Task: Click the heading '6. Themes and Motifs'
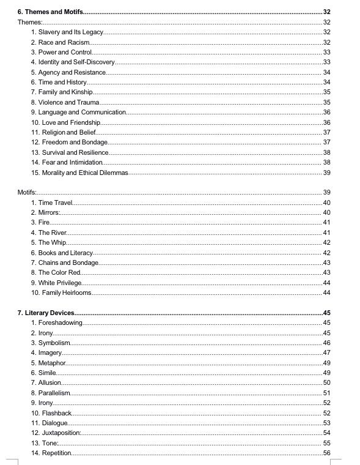(x=50, y=12)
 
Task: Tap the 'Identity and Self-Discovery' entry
(x=76, y=62)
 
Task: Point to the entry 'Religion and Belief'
(x=67, y=132)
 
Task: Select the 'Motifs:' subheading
(x=27, y=192)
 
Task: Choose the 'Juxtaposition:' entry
(x=59, y=433)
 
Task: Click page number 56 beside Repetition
(x=326, y=452)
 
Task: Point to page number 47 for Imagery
(x=326, y=352)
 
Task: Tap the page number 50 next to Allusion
(x=326, y=382)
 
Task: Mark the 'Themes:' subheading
(x=28, y=22)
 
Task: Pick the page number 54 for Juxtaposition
(x=326, y=433)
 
